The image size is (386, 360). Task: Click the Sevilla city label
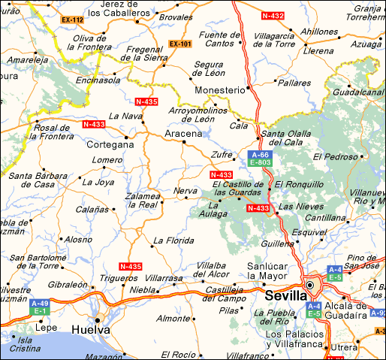(285, 295)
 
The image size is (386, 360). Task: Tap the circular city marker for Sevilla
(310, 286)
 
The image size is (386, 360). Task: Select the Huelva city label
(91, 329)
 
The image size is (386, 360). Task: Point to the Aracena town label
(183, 133)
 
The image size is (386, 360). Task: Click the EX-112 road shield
(74, 19)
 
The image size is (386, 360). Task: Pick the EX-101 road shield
(180, 44)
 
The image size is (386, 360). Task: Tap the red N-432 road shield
(273, 15)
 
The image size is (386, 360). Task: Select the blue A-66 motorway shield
(260, 153)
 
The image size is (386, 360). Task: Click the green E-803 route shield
(260, 162)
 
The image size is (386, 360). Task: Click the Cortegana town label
(110, 144)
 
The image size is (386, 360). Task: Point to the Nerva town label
(185, 190)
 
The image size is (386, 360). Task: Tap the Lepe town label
(47, 328)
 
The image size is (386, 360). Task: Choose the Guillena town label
(276, 244)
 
